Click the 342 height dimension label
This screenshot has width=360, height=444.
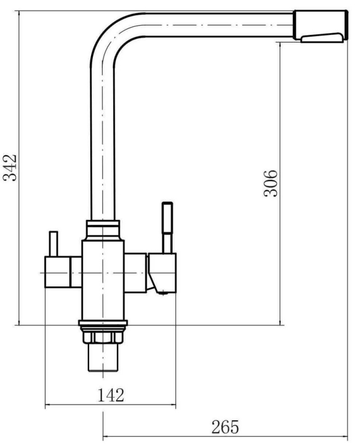[x=10, y=168]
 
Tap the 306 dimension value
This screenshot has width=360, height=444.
[x=270, y=183]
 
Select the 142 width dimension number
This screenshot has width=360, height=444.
[x=111, y=395]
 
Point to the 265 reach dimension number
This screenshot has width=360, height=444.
[x=225, y=427]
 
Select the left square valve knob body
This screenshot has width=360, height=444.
[x=58, y=272]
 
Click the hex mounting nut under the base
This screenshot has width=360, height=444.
[x=103, y=337]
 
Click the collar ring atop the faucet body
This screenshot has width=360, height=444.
[x=103, y=230]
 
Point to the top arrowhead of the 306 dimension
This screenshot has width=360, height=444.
[x=280, y=46]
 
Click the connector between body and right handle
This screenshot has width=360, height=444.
[x=135, y=273]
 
